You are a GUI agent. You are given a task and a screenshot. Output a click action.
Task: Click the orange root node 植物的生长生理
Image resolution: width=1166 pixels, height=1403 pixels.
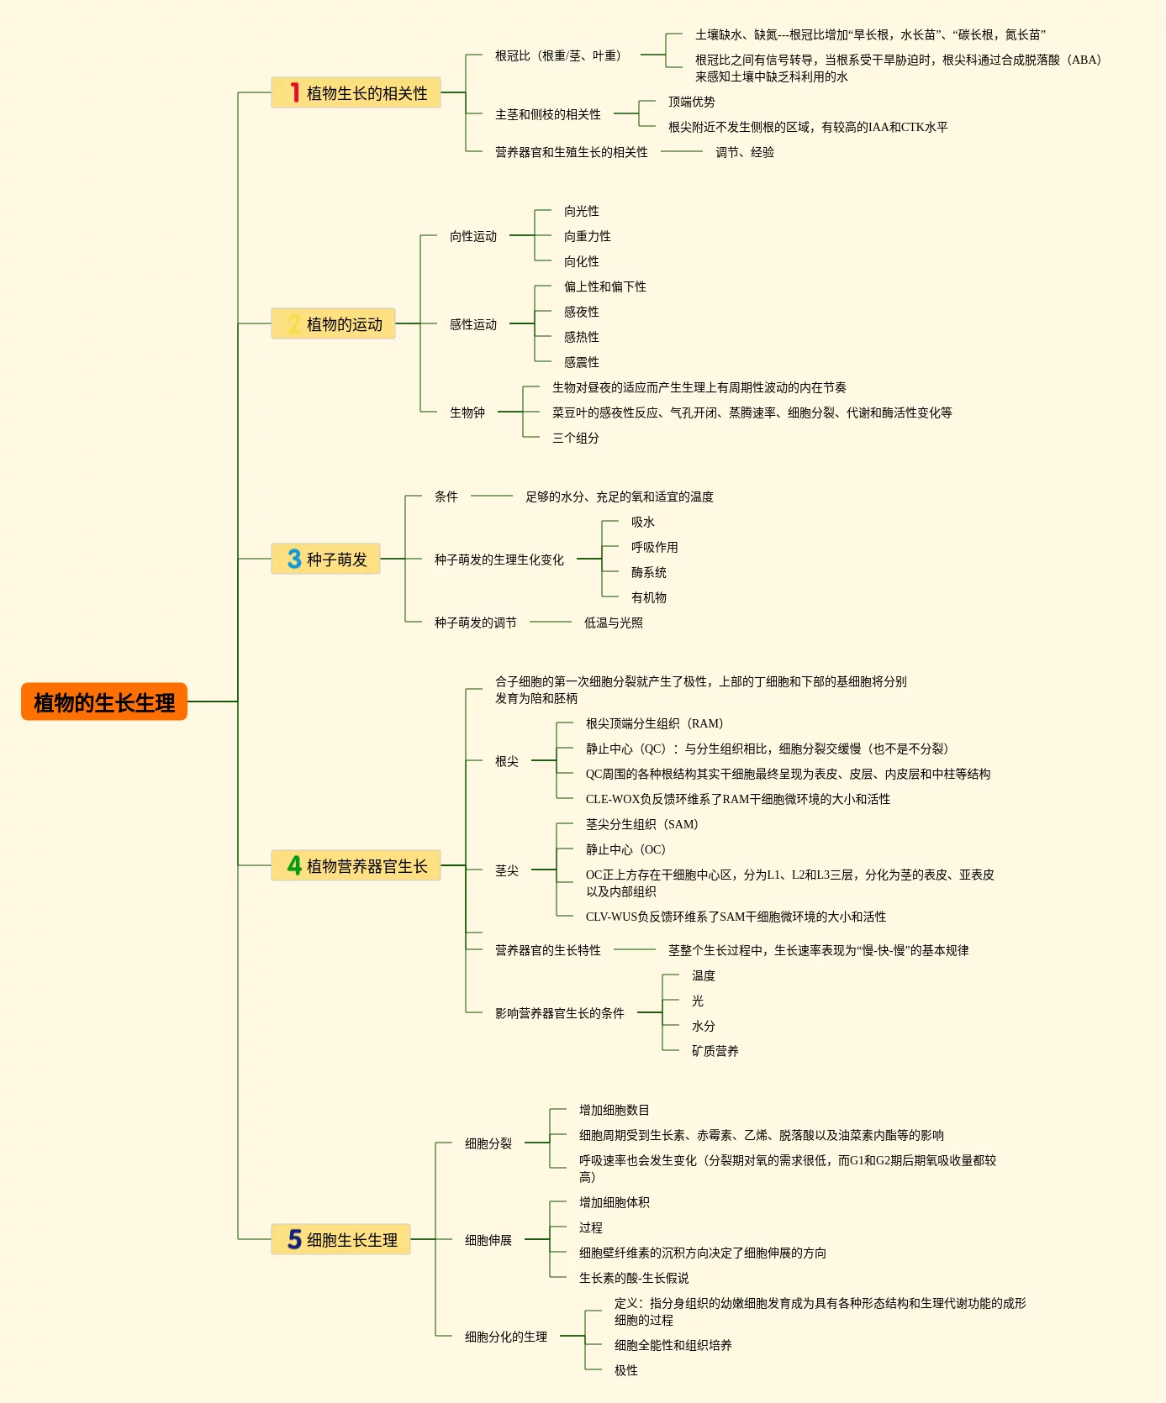(104, 701)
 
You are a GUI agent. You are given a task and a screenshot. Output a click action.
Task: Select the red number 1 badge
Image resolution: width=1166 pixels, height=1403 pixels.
(294, 92)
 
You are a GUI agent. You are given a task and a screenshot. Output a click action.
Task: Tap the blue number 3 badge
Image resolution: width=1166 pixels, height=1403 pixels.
(294, 559)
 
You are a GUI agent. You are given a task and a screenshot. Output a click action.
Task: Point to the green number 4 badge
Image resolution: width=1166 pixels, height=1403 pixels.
(294, 865)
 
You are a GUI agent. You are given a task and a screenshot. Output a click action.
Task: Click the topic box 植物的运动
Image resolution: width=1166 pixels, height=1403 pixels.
(333, 323)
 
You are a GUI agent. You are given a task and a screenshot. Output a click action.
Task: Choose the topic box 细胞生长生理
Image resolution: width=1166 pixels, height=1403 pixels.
(340, 1239)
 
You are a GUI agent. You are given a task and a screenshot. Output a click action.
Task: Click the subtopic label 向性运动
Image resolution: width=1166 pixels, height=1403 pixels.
(473, 236)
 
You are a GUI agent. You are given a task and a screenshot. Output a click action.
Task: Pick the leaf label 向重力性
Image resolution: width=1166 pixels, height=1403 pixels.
(588, 236)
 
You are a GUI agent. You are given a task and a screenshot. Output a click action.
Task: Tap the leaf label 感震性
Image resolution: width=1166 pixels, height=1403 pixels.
(582, 362)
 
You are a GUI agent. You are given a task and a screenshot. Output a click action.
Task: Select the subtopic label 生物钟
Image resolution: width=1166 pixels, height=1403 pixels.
(467, 412)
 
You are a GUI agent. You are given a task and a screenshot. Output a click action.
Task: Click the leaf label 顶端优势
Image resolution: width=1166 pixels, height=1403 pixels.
(692, 102)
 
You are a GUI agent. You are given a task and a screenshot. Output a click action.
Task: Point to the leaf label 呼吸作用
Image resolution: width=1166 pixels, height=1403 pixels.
(655, 547)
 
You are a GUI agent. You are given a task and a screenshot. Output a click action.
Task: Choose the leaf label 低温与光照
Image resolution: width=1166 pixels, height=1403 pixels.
(614, 623)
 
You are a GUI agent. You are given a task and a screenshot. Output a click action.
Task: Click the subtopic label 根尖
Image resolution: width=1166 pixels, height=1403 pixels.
(507, 761)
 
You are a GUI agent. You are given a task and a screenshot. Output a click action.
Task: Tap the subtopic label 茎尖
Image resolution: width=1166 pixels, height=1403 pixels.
(507, 870)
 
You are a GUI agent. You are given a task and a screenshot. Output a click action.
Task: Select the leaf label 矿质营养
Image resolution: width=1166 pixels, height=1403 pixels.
(715, 1051)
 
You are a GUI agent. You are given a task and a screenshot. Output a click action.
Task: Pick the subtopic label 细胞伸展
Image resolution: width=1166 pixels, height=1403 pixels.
(488, 1240)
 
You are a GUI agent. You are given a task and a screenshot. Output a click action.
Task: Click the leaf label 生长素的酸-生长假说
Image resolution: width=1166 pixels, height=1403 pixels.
(634, 1278)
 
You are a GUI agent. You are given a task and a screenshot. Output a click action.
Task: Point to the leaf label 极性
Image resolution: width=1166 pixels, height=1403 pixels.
(626, 1370)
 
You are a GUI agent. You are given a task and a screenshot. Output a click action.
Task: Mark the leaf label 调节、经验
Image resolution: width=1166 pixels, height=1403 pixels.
(745, 152)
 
